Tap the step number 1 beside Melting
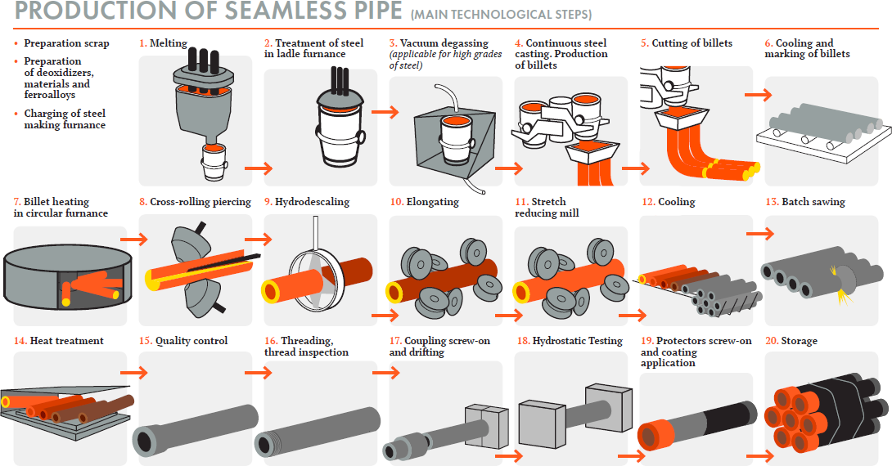point(142,43)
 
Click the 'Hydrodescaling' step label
point(313,202)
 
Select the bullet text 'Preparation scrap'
point(66,43)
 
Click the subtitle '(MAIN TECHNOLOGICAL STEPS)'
point(501,15)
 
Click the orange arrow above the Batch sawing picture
point(759,234)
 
